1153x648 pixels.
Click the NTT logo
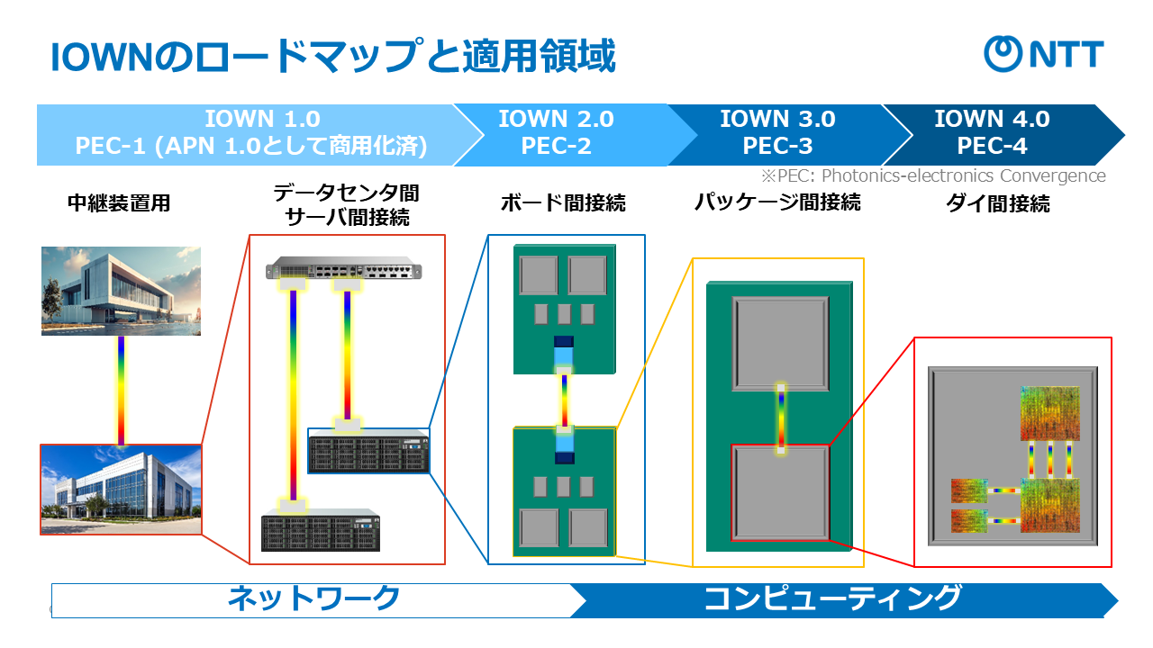(x=1043, y=54)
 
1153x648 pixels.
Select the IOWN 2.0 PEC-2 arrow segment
(x=556, y=132)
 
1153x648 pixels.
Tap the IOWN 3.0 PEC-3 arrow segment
(x=777, y=132)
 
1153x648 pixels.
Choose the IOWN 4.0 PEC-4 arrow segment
(x=992, y=132)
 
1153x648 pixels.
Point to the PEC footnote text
(x=933, y=175)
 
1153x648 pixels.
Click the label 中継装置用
(x=119, y=203)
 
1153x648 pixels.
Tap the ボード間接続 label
(x=563, y=203)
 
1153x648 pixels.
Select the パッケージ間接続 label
(x=777, y=202)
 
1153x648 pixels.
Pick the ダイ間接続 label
(x=997, y=203)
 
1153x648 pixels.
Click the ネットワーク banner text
(x=313, y=598)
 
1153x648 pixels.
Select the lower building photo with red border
(x=121, y=490)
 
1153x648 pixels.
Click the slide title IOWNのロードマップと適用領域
(x=332, y=58)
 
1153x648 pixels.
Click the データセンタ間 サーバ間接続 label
(x=347, y=204)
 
